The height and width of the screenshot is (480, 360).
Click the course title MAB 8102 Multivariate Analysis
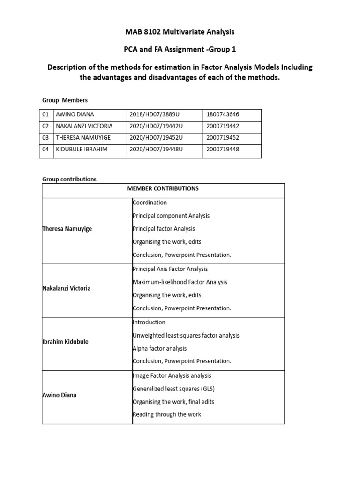point(180,32)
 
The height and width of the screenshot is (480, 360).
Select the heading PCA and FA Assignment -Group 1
point(180,50)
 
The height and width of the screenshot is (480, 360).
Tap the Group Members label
point(65,100)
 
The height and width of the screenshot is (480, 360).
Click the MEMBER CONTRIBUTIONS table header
point(163,188)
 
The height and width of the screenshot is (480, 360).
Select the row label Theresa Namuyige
point(67,229)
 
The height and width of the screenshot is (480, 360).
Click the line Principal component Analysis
point(172,216)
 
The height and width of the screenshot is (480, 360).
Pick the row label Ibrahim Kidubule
point(66,342)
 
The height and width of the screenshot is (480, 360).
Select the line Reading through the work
point(167,414)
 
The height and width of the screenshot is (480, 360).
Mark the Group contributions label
point(69,179)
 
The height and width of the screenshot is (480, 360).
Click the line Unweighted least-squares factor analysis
point(186,335)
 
